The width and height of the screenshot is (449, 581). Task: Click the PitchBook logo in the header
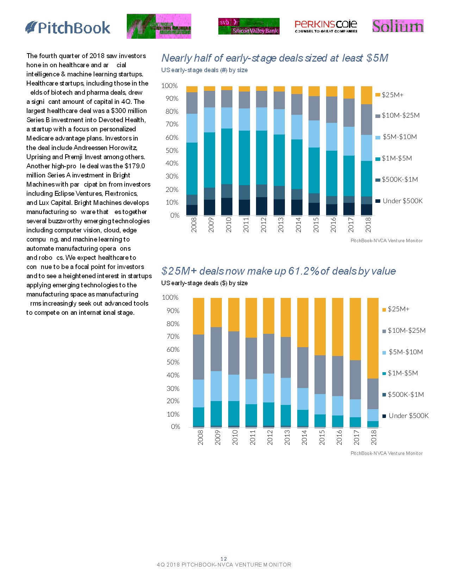pyautogui.click(x=68, y=27)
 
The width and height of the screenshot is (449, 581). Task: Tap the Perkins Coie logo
pyautogui.click(x=326, y=26)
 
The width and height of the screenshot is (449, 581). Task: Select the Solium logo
pyautogui.click(x=398, y=26)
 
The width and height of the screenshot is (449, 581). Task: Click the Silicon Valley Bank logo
pyautogui.click(x=249, y=26)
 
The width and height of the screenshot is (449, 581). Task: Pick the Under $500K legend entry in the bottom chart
pyautogui.click(x=405, y=416)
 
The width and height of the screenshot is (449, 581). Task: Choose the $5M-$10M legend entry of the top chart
pyautogui.click(x=397, y=137)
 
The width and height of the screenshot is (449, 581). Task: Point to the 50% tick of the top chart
pyautogui.click(x=172, y=150)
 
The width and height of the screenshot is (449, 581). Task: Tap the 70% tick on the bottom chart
pyautogui.click(x=173, y=337)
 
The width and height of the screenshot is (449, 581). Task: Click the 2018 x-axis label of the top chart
pyautogui.click(x=368, y=225)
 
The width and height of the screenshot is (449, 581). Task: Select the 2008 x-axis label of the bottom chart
pyautogui.click(x=200, y=437)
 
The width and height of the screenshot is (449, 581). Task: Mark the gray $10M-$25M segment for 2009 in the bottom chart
pyautogui.click(x=216, y=349)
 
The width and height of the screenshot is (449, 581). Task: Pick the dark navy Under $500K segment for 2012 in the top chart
pyautogui.click(x=262, y=206)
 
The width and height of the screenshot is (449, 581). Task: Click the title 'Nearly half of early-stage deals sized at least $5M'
pyautogui.click(x=275, y=58)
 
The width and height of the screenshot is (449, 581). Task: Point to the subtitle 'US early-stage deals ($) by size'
pyautogui.click(x=204, y=283)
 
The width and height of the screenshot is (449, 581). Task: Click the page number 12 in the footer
pyautogui.click(x=224, y=558)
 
